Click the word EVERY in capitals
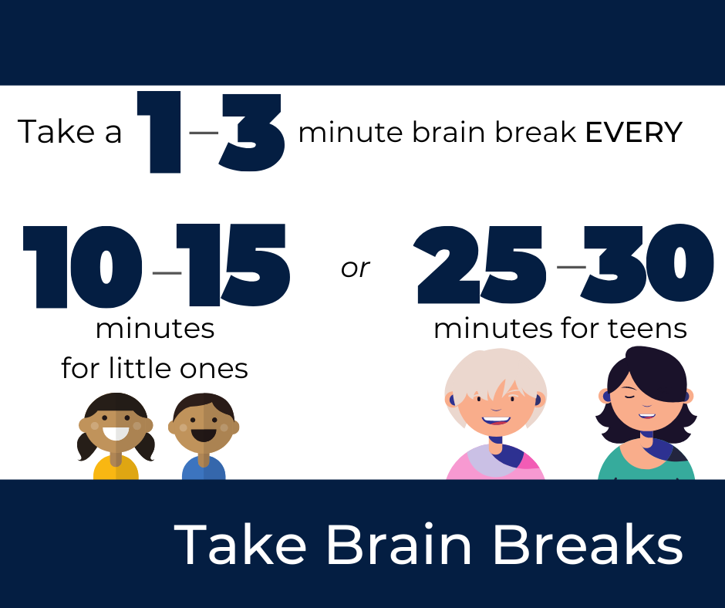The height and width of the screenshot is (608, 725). pos(633,133)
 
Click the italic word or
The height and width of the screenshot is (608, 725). pos(356,268)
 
